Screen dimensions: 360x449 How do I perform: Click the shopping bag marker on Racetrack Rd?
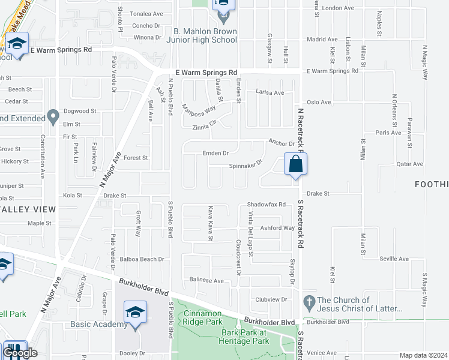tap(295, 164)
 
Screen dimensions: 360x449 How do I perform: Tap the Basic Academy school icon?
tap(135, 313)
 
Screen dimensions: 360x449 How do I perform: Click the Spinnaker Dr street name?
tap(246, 164)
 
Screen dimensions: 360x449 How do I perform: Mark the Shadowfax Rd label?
tap(266, 205)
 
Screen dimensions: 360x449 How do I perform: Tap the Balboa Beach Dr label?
tap(143, 259)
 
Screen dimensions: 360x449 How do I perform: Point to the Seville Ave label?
tap(394, 259)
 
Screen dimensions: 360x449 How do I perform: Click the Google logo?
tap(20, 353)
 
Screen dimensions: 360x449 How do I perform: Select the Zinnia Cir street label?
tap(203, 125)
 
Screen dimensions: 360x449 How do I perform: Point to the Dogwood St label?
tap(80, 111)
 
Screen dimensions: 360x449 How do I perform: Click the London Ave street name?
tap(338, 8)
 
